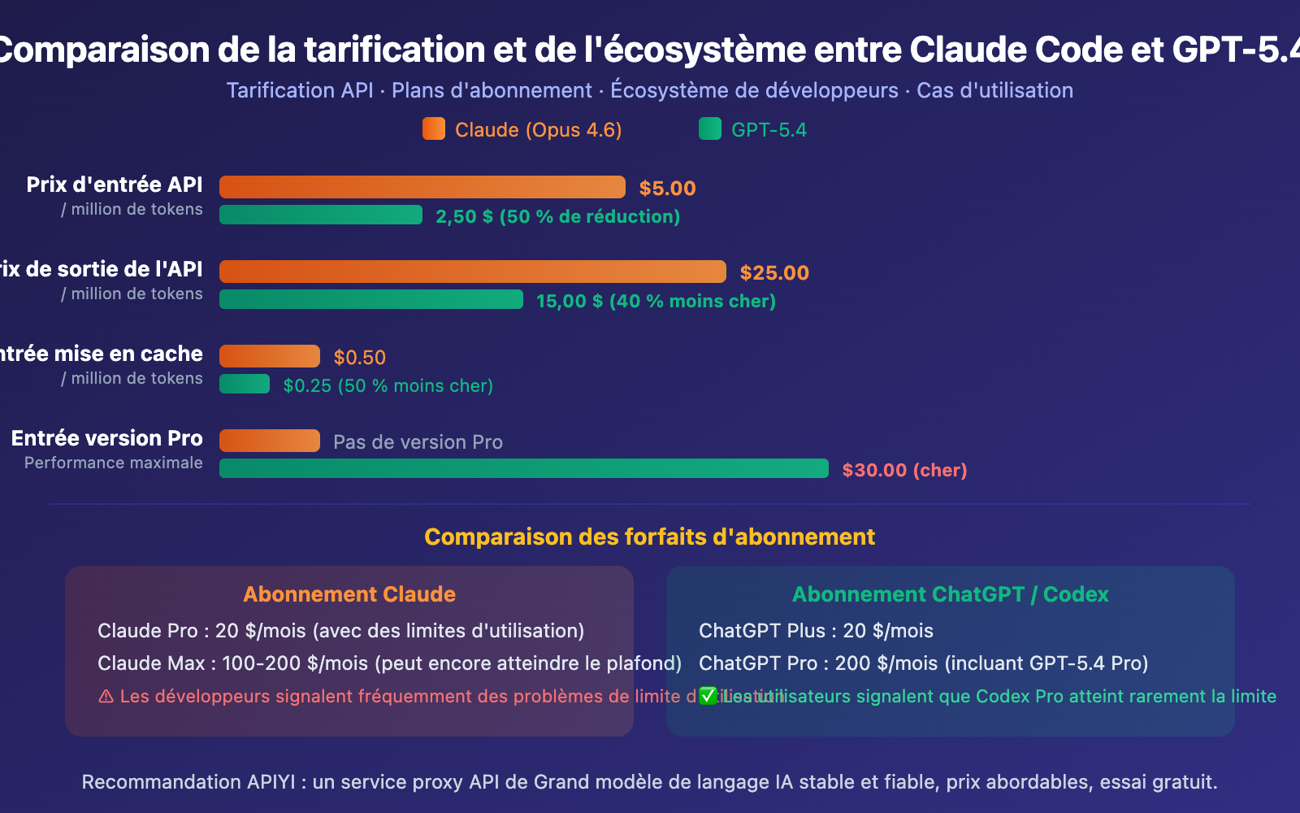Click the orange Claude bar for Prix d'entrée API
422,187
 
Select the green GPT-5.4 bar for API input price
320,215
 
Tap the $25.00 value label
773,272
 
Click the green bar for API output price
370,299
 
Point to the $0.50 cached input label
359,357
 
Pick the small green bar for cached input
244,384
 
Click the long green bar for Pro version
523,468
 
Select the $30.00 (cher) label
903,470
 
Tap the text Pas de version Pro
418,441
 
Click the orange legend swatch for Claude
434,128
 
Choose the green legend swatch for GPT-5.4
709,128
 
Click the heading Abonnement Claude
349,594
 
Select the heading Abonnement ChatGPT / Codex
950,594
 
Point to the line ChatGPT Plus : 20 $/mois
815,630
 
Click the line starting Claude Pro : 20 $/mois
340,630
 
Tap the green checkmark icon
708,696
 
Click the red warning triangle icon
106,697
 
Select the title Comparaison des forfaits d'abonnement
649,537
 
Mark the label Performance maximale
113,463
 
